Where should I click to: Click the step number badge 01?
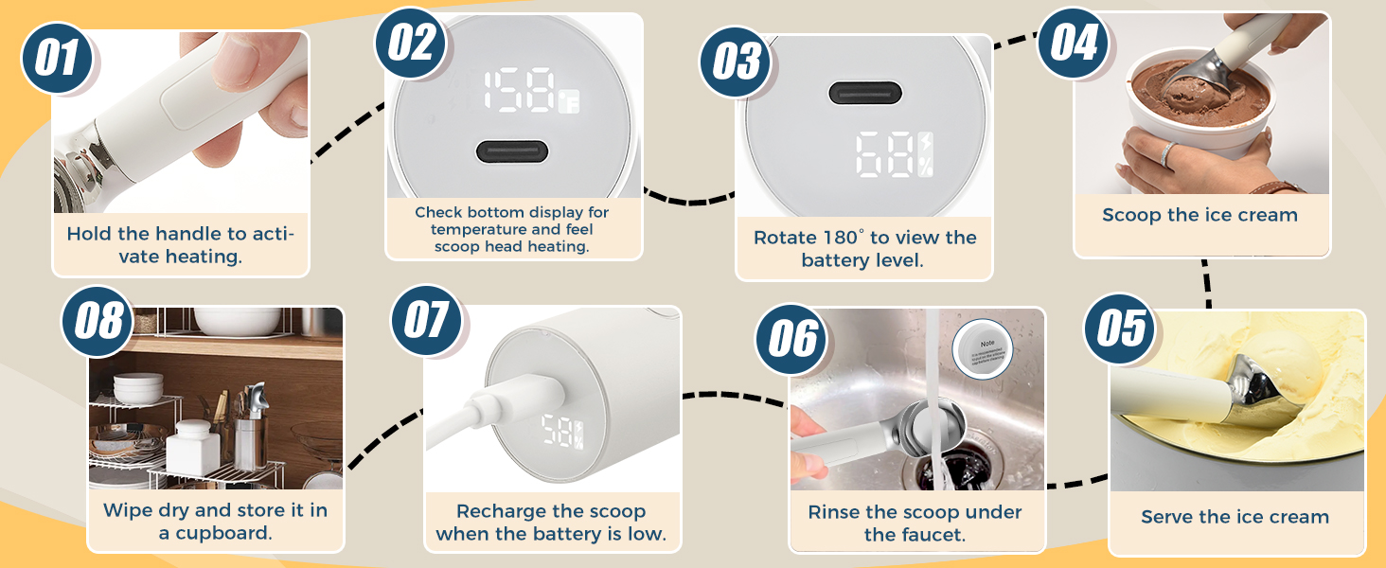tap(58, 58)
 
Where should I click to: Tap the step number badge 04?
tap(1074, 43)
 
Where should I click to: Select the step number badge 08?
tap(98, 321)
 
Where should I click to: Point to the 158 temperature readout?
tap(520, 93)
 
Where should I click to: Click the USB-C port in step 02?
tap(512, 151)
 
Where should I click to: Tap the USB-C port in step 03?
tap(864, 93)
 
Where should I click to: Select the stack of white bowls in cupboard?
tap(138, 389)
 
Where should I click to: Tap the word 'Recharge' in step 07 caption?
tap(497, 512)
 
